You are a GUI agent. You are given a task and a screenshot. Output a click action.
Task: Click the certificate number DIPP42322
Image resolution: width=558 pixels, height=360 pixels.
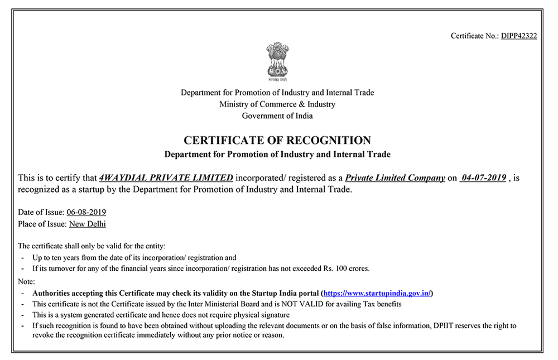pos(519,36)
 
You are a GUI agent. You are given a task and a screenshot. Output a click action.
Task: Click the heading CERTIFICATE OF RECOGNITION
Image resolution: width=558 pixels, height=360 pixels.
pos(277,140)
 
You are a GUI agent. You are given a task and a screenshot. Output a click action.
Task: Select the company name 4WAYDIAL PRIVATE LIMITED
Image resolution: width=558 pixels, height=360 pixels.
pos(166,178)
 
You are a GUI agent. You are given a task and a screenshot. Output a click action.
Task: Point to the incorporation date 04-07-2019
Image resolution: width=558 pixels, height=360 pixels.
pos(484,178)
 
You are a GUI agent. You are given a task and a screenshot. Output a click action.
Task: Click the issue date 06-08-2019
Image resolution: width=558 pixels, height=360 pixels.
pos(86,213)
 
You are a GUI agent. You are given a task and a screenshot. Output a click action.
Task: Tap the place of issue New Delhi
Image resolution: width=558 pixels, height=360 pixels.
pos(87,224)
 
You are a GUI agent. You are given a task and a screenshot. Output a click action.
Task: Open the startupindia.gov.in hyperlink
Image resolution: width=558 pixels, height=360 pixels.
pos(377,293)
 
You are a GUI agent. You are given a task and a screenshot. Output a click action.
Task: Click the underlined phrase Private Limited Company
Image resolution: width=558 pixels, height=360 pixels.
pos(395,178)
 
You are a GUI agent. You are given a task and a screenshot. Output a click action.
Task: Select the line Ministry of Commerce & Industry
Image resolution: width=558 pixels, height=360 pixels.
pos(277,104)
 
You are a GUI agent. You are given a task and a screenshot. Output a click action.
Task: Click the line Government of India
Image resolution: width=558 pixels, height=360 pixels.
pos(277,116)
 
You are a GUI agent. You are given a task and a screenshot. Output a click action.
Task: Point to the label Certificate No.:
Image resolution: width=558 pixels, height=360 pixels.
pos(475,36)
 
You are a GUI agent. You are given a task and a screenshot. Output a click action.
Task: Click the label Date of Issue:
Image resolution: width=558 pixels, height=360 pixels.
pos(41,213)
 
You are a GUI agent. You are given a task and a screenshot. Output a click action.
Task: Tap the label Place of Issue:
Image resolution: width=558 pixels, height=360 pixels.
pos(43,224)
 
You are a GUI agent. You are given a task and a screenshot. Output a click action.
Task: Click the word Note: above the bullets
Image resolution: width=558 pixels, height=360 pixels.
pos(26,282)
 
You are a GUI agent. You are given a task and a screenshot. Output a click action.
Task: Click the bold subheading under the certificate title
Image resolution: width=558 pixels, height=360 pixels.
pos(277,154)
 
